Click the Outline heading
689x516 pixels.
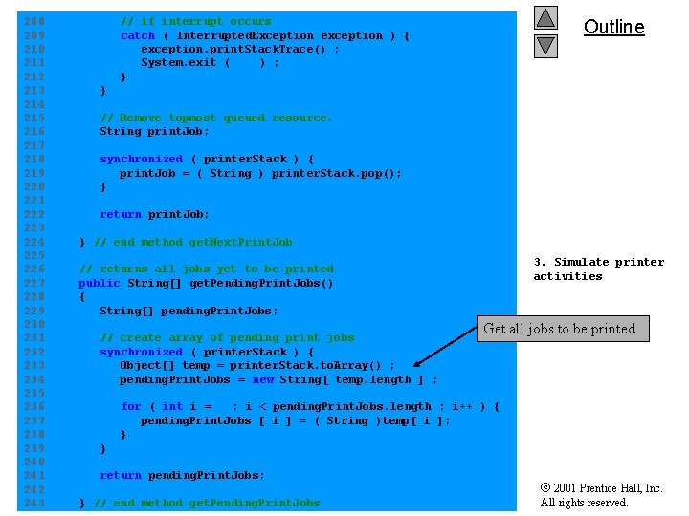613,27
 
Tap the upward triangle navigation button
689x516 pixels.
545,17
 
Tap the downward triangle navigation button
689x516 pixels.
545,44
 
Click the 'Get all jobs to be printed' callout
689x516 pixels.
560,329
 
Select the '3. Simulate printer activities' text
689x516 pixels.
598,269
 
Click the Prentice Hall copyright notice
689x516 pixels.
601,495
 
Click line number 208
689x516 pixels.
33,21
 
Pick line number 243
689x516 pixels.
33,503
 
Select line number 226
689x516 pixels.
33,269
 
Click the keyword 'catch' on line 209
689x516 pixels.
137,35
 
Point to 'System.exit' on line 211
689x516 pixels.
177,62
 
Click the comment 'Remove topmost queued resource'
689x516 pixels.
216,118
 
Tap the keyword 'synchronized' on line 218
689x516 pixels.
141,159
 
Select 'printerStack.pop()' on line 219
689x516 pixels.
336,173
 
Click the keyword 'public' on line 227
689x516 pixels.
99,283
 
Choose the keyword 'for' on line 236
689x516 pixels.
130,406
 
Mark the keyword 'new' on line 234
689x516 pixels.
262,379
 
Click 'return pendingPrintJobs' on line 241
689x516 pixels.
182,475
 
